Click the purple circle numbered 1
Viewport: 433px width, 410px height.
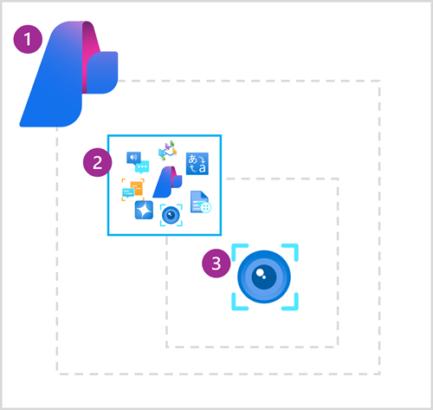30,39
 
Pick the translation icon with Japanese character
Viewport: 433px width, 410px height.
197,161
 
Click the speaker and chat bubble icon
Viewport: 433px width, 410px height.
134,159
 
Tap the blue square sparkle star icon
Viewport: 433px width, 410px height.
144,209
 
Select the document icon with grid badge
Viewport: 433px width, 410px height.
200,202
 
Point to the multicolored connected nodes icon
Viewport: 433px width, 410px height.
167,153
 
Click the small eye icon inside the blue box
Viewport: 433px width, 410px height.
171,214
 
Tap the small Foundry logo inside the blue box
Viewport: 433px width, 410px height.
165,183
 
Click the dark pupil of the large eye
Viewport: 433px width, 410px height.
265,277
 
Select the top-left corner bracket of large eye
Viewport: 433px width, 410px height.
236,249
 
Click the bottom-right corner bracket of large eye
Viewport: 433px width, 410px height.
293,304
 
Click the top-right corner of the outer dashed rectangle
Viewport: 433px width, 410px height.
379,81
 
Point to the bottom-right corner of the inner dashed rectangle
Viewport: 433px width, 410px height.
338,346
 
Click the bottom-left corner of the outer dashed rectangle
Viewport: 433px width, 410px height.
58,374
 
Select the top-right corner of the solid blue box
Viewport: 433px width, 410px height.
221,135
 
